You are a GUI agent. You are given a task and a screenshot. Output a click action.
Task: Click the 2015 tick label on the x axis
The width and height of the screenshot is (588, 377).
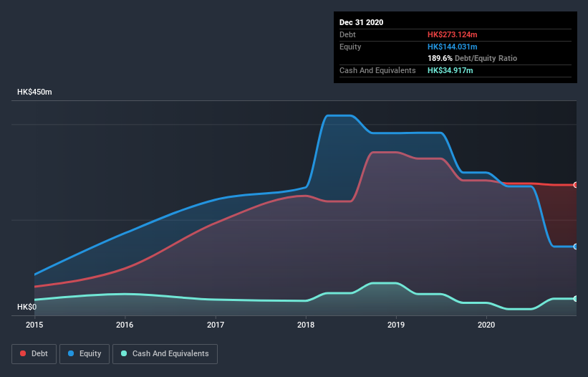pyautogui.click(x=34, y=325)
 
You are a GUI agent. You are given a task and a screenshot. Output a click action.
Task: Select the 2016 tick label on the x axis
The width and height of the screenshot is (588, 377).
pyautogui.click(x=125, y=325)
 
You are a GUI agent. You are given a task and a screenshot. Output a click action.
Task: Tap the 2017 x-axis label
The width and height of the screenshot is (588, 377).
pyautogui.click(x=216, y=325)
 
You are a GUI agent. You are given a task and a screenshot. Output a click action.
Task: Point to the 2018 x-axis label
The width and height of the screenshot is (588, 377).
pyautogui.click(x=306, y=325)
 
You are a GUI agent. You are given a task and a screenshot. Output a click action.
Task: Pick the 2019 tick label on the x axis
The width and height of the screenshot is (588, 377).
pyautogui.click(x=396, y=325)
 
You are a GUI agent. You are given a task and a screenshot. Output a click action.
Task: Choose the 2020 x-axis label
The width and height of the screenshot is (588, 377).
pyautogui.click(x=486, y=325)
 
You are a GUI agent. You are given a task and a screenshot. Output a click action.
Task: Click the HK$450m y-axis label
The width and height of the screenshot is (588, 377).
pyautogui.click(x=35, y=92)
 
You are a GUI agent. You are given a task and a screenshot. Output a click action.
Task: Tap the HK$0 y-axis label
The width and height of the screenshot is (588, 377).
pyautogui.click(x=26, y=307)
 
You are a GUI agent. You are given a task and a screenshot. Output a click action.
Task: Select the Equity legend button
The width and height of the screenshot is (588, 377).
pyautogui.click(x=85, y=353)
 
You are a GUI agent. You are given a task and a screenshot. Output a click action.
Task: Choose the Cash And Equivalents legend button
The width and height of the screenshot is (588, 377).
pyautogui.click(x=165, y=353)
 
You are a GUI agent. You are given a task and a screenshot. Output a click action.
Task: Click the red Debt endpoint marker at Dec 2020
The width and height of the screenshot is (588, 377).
pyautogui.click(x=576, y=185)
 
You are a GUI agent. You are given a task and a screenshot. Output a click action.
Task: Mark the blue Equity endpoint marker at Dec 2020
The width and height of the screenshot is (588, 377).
pyautogui.click(x=576, y=247)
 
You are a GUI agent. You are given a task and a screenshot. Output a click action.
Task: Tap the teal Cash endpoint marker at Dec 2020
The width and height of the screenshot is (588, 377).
pyautogui.click(x=576, y=299)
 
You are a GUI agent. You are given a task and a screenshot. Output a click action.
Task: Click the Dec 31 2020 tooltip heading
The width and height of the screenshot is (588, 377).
pyautogui.click(x=361, y=22)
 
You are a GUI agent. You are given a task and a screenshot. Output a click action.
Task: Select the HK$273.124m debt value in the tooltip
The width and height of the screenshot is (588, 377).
pyautogui.click(x=452, y=34)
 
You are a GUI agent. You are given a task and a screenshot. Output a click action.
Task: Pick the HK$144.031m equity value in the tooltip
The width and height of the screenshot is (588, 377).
pyautogui.click(x=452, y=47)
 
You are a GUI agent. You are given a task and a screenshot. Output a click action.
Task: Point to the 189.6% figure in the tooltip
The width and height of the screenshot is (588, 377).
pyautogui.click(x=440, y=58)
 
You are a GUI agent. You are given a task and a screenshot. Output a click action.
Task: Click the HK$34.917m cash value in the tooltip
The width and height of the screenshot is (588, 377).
pyautogui.click(x=450, y=70)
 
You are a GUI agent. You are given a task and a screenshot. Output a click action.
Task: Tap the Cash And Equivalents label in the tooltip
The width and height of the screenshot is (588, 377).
pyautogui.click(x=377, y=70)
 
